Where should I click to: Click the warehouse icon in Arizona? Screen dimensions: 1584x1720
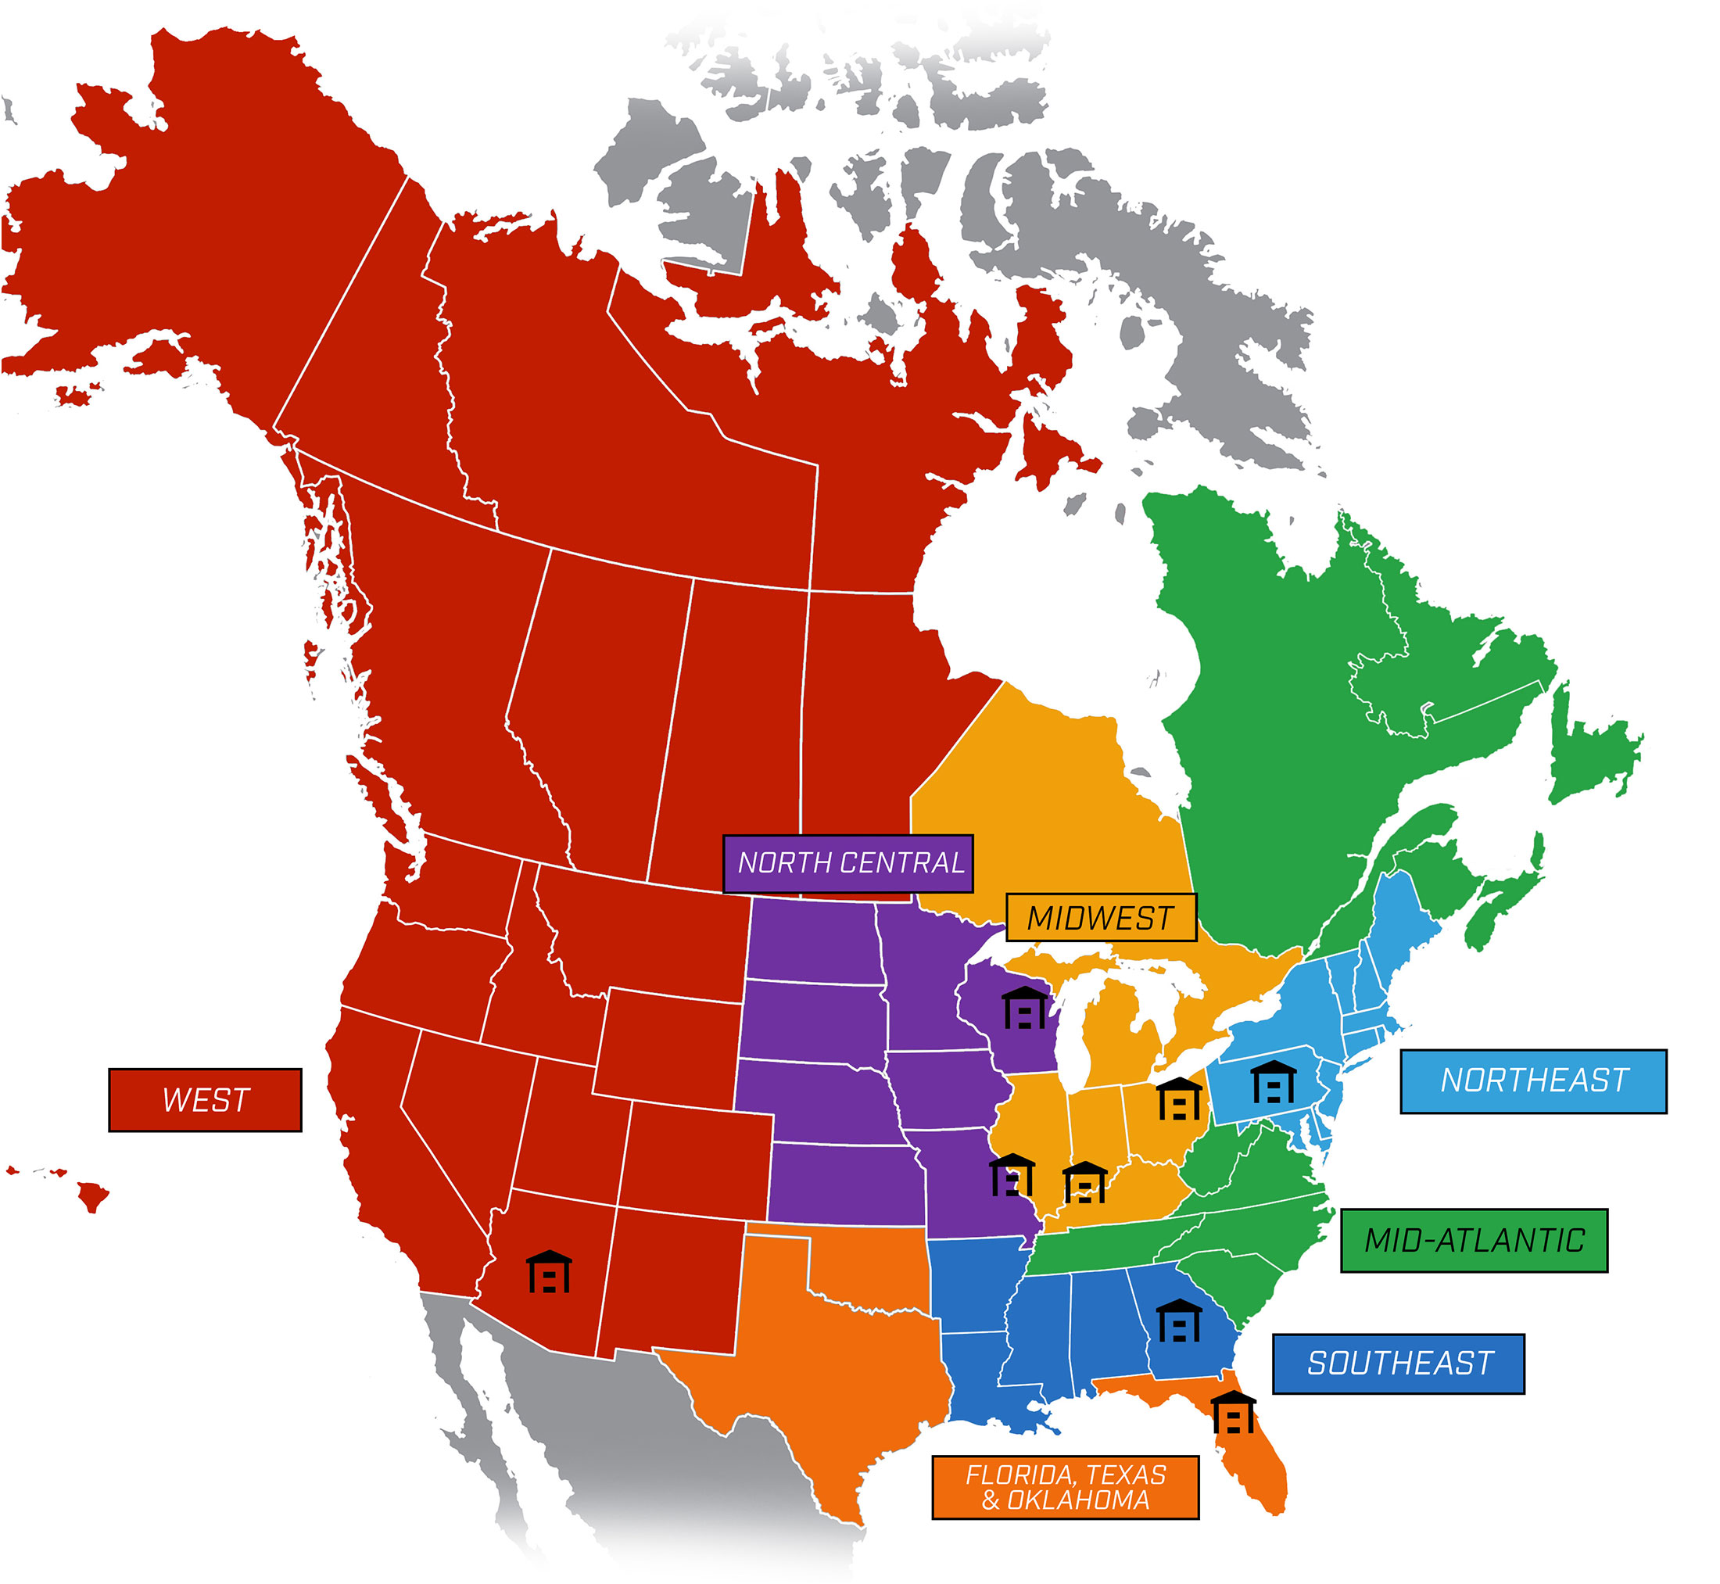549,1272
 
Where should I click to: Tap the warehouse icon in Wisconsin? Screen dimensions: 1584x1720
1024,1008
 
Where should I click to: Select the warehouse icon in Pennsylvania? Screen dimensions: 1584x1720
1273,1083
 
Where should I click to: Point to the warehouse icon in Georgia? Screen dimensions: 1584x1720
1178,1321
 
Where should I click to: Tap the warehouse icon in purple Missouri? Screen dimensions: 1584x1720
1011,1175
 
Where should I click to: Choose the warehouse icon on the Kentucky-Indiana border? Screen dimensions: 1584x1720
1084,1183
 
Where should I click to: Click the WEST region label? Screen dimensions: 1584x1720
205,1100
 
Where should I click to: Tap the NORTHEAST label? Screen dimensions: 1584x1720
1533,1080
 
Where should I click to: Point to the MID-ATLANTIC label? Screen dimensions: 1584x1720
1473,1240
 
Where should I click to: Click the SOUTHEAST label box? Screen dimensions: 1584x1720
1398,1363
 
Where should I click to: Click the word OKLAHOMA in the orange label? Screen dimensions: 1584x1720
1077,1500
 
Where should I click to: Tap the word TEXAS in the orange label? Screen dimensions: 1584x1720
1126,1475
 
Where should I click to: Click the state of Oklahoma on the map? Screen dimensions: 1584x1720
865,1269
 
